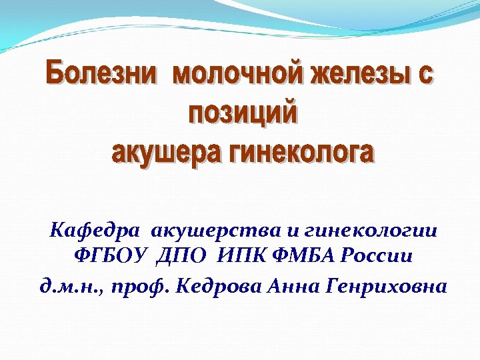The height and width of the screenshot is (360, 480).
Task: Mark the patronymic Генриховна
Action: (x=387, y=287)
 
